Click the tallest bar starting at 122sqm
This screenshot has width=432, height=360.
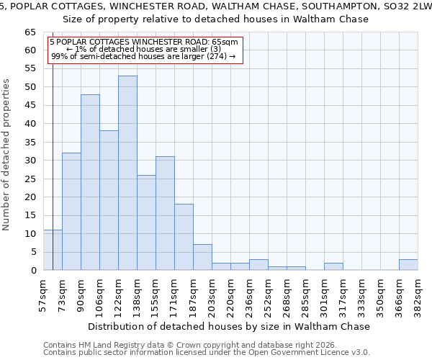[x=127, y=173]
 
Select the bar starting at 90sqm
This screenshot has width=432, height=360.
[x=90, y=182]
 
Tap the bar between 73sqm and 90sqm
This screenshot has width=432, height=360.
[x=71, y=212]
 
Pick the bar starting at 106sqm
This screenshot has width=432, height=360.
[x=109, y=200]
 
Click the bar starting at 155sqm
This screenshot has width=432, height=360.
[x=165, y=213]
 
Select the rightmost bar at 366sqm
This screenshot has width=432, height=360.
[x=408, y=264]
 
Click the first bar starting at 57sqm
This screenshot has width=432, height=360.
[x=53, y=250]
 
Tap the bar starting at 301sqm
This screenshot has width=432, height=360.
[x=333, y=266]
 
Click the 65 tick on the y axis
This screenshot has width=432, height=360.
[x=31, y=32]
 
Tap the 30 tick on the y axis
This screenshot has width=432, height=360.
[x=31, y=161]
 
